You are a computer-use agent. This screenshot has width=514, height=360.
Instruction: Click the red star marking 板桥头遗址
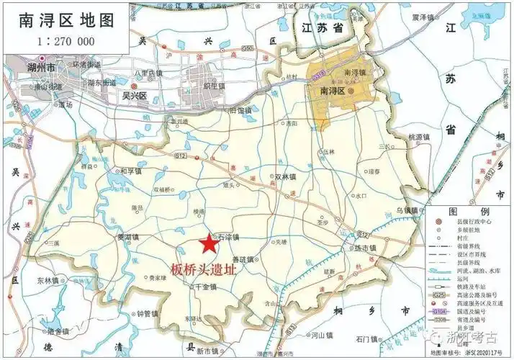(209, 244)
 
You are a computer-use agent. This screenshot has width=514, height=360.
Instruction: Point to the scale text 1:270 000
(65, 41)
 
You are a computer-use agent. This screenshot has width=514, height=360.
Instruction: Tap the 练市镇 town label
(366, 248)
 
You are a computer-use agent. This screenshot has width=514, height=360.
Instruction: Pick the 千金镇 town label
(204, 287)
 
